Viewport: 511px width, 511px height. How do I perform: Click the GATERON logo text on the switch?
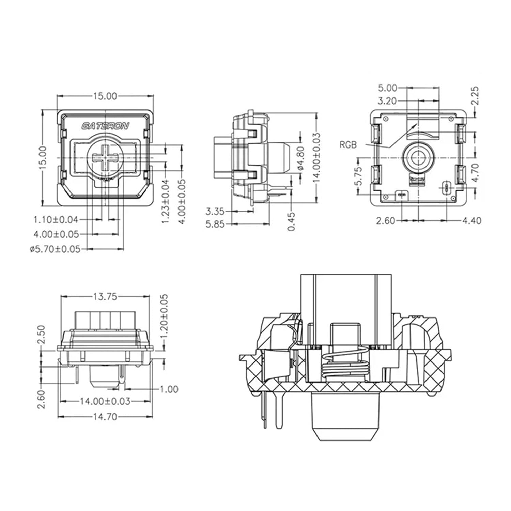click(x=105, y=126)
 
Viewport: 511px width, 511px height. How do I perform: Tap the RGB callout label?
click(x=348, y=145)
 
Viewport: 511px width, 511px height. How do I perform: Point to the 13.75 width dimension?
click(x=105, y=297)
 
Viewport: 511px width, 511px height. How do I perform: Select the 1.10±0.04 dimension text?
click(x=56, y=220)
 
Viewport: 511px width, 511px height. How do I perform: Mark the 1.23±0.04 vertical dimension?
click(x=166, y=201)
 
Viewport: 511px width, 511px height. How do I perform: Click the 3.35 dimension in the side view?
click(x=215, y=212)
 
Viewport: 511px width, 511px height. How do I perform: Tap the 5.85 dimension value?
click(x=215, y=224)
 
